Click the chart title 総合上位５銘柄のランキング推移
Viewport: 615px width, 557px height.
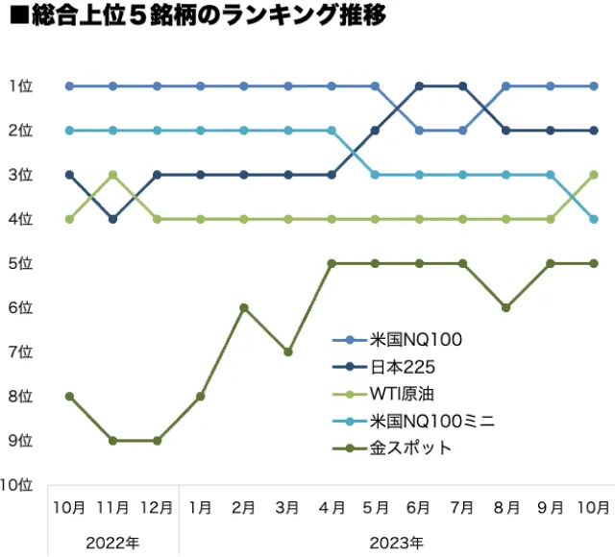click(x=197, y=18)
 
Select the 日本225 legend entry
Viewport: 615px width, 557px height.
click(x=403, y=366)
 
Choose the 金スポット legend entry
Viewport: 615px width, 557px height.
click(x=410, y=448)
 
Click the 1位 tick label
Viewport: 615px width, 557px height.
click(x=20, y=86)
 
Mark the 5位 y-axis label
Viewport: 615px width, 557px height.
click(x=20, y=263)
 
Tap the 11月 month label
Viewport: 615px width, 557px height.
click(x=113, y=506)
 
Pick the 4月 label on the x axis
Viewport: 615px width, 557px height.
click(x=332, y=506)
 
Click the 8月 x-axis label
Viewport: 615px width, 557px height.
click(x=506, y=506)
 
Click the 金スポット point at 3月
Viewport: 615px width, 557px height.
click(x=288, y=351)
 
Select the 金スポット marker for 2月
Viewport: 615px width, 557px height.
click(x=244, y=307)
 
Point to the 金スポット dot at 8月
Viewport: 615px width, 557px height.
click(x=506, y=307)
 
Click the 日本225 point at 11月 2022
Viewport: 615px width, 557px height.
click(x=113, y=219)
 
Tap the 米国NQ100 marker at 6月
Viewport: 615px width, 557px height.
click(x=419, y=131)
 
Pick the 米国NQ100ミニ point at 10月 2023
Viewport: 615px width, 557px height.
click(x=594, y=219)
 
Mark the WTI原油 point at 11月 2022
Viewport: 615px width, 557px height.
click(x=113, y=175)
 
